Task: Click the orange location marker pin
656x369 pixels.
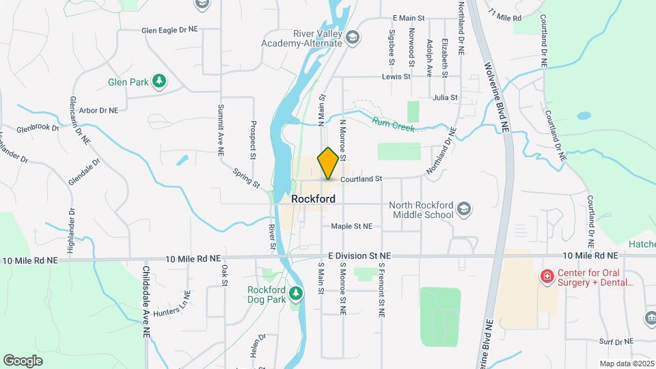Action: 328,163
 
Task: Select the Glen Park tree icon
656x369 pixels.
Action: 159,82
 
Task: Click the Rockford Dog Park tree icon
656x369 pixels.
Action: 296,294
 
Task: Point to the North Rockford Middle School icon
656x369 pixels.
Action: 464,208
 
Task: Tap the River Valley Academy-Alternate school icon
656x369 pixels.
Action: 353,37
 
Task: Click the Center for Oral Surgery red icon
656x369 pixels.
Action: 547,276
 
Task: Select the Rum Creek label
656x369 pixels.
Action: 394,125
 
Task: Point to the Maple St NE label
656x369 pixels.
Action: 351,226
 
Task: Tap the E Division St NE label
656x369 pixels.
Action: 359,255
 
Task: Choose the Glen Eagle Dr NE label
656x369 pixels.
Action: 169,31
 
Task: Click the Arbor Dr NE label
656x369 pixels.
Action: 98,109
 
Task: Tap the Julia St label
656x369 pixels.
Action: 445,98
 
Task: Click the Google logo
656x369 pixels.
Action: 23,360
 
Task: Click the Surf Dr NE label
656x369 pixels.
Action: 616,341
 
